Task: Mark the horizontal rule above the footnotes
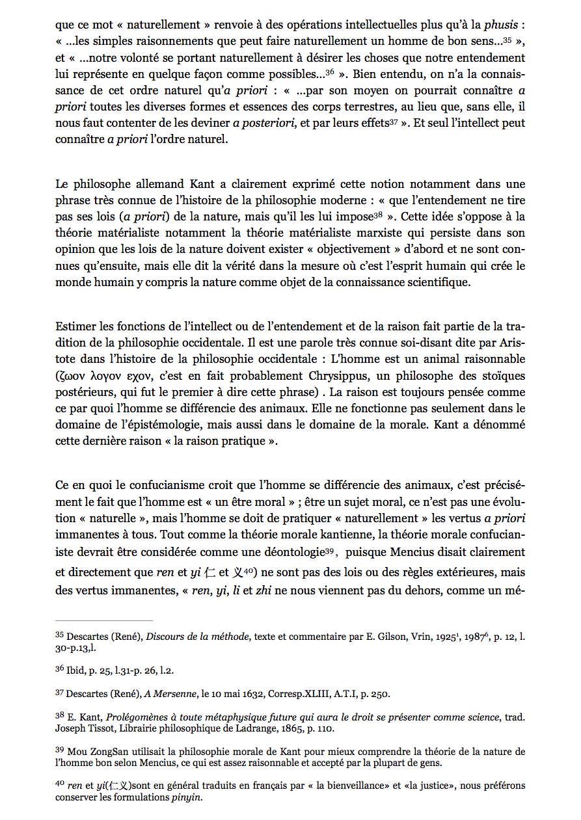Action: click(x=104, y=621)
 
